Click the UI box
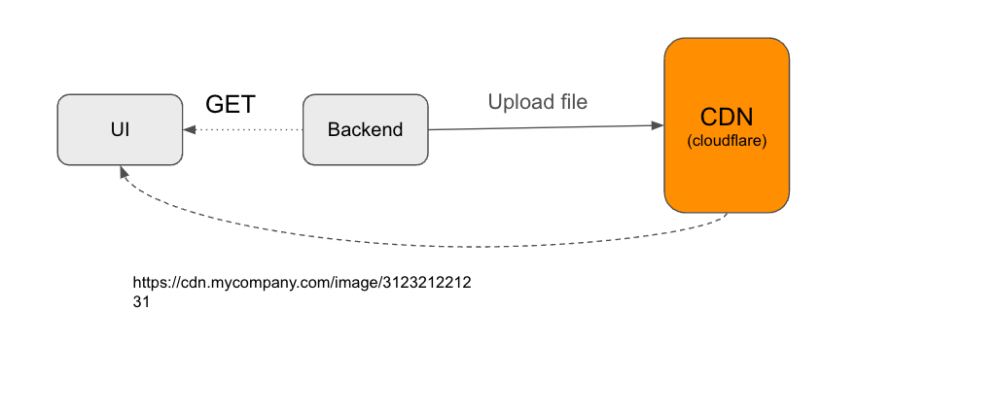click(120, 129)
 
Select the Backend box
click(365, 129)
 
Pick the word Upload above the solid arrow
click(516, 101)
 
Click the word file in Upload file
click(570, 101)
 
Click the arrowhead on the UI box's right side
click(189, 129)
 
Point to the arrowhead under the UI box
click(123, 171)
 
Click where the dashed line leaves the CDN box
click(727, 215)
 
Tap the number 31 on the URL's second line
click(141, 302)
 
